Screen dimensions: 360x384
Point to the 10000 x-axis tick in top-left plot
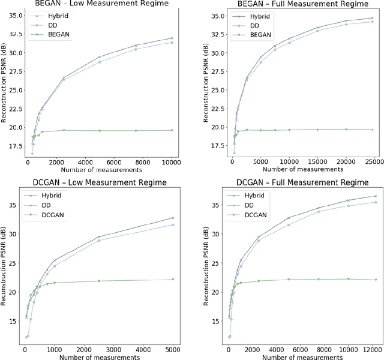pyautogui.click(x=172, y=162)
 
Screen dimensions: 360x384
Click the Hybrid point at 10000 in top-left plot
pyautogui.click(x=172, y=38)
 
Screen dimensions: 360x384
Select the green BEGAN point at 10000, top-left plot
pyautogui.click(x=172, y=130)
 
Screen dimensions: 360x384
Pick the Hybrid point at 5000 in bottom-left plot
pyautogui.click(x=173, y=218)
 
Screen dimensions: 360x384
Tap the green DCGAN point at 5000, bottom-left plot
pyautogui.click(x=173, y=279)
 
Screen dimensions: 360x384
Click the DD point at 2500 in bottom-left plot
pyautogui.click(x=99, y=240)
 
